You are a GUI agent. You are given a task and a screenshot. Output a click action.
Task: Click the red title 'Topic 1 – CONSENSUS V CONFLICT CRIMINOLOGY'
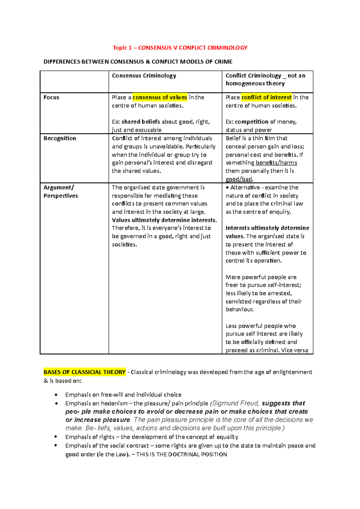pyautogui.click(x=180, y=48)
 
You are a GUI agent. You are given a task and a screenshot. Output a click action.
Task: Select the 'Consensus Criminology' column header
pyautogui.click(x=144, y=76)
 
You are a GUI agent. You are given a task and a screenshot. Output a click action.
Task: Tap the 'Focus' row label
pyautogui.click(x=51, y=97)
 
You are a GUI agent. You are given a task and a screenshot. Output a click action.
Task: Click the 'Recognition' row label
pyautogui.click(x=60, y=138)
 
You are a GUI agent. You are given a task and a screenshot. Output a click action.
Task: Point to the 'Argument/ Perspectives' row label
pyautogui.click(x=60, y=192)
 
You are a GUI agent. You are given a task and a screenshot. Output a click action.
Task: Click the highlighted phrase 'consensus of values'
pyautogui.click(x=160, y=97)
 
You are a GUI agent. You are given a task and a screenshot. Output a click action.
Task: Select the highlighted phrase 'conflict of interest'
pyautogui.click(x=266, y=97)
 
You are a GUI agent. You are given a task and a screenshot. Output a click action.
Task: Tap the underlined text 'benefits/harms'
pyautogui.click(x=276, y=163)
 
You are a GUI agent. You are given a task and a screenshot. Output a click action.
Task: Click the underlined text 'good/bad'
pyautogui.click(x=239, y=179)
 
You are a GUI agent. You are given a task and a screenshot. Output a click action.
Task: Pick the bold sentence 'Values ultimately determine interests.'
pyautogui.click(x=164, y=220)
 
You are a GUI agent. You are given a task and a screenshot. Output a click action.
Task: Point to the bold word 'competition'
pyautogui.click(x=251, y=122)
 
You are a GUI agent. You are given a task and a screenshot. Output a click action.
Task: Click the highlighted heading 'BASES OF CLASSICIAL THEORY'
pyautogui.click(x=84, y=372)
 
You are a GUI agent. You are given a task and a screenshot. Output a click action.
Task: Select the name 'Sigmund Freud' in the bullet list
pyautogui.click(x=236, y=403)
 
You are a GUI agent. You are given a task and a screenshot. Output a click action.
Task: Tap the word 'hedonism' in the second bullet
pyautogui.click(x=114, y=403)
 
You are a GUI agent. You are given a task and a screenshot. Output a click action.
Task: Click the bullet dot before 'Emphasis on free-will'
pyautogui.click(x=56, y=395)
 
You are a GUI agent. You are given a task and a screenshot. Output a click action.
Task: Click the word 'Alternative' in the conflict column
pyautogui.click(x=245, y=188)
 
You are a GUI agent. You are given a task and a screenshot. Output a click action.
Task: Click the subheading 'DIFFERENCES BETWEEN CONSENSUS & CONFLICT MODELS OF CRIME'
pyautogui.click(x=138, y=62)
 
